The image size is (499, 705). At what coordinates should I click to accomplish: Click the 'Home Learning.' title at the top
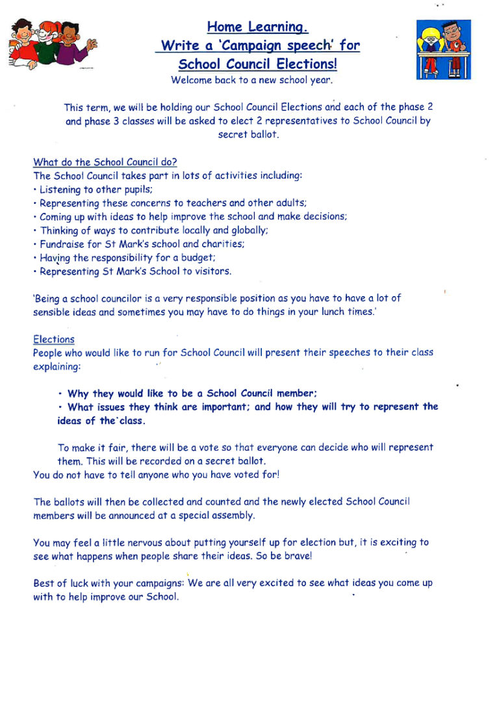[257, 27]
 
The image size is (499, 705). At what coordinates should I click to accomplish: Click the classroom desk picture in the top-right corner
[443, 49]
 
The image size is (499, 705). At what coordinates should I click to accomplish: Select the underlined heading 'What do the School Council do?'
[105, 162]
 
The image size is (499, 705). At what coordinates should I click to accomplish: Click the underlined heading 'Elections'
[54, 340]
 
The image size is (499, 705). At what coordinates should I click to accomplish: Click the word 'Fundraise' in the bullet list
[62, 244]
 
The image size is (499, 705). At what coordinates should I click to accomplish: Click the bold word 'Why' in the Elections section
[78, 393]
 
